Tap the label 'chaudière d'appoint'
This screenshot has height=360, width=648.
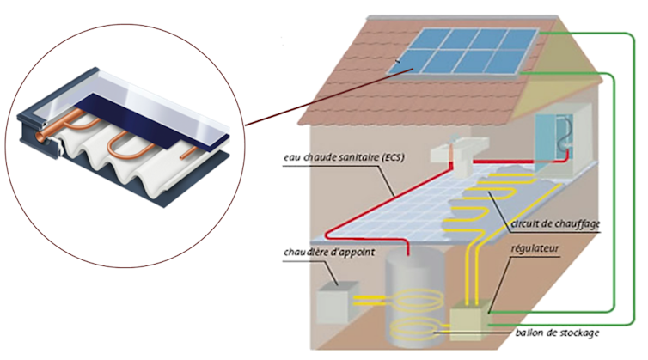click(x=322, y=253)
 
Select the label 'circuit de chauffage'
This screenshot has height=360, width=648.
click(x=554, y=225)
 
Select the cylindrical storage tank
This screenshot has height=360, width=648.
click(x=412, y=292)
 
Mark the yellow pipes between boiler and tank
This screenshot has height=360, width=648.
click(x=370, y=300)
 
